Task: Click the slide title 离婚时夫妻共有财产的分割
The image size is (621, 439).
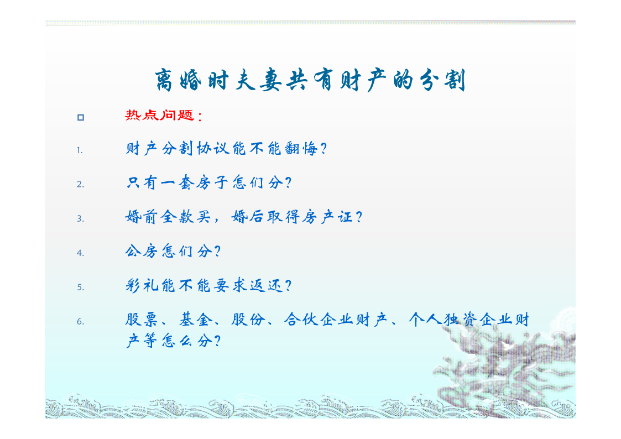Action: tap(310, 80)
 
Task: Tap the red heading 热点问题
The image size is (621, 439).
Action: tap(160, 115)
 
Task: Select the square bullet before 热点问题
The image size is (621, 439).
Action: tap(81, 117)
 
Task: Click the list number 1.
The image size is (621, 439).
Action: tap(80, 150)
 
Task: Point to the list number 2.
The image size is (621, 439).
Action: tap(80, 185)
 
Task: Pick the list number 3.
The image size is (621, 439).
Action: tap(80, 218)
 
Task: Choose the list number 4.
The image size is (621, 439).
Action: tap(80, 253)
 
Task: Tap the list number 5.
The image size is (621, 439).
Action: tap(80, 287)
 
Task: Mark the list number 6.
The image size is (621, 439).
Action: tap(80, 321)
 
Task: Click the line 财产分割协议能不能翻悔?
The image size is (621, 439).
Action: tap(226, 149)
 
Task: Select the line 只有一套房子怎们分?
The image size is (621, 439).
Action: tap(208, 183)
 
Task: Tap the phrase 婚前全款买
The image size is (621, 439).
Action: tap(168, 217)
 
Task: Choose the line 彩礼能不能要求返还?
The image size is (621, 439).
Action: tap(208, 285)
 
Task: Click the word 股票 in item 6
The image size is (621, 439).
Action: tap(142, 320)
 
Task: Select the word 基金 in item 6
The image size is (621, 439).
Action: tap(195, 320)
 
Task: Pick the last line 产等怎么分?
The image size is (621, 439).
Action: tap(173, 341)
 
